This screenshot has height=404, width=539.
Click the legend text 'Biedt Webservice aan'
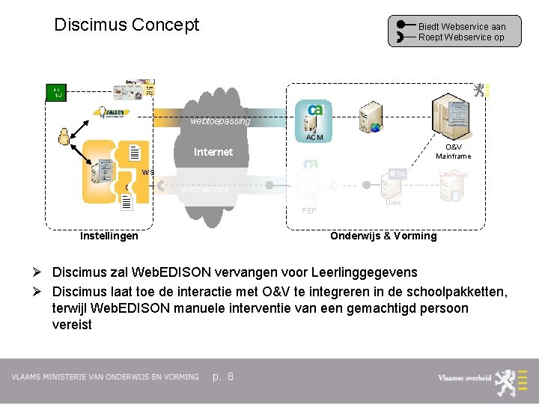point(461,26)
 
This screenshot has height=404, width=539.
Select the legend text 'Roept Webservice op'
point(461,37)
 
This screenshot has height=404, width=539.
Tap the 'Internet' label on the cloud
point(213,152)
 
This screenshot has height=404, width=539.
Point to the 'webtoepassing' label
point(220,120)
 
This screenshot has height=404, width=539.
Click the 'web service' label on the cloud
point(205,189)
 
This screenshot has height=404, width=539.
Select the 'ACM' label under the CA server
point(315,137)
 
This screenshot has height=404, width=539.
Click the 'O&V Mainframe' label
point(454,152)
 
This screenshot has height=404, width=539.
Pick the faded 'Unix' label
point(393,203)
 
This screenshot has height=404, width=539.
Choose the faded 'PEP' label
point(308,211)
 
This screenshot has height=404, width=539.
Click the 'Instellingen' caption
point(109,236)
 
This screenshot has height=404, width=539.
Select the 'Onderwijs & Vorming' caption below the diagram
point(383,236)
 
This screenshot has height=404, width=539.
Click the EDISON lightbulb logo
point(111,114)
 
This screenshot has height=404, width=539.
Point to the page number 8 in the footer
point(230,376)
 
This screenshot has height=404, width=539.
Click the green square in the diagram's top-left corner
point(57,93)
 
